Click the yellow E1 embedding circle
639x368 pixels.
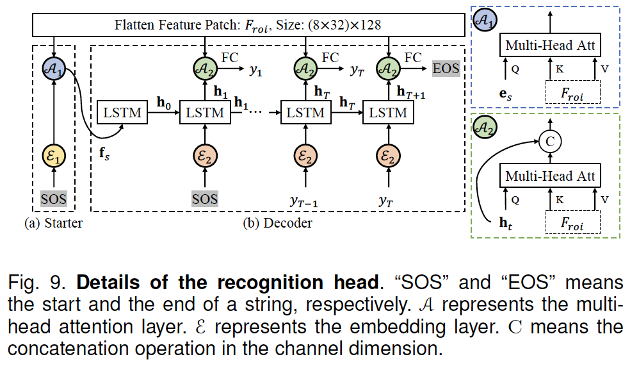click(54, 156)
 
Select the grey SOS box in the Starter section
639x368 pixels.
click(54, 198)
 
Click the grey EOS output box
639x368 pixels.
click(446, 67)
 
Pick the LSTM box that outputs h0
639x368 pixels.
click(122, 113)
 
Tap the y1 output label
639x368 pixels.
click(256, 71)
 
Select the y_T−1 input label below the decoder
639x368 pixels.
click(302, 202)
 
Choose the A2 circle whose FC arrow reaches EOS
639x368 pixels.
click(387, 66)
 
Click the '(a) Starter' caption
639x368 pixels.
click(54, 223)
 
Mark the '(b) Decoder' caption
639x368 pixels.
click(278, 223)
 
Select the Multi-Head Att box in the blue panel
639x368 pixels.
click(550, 45)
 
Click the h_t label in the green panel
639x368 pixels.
click(506, 224)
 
